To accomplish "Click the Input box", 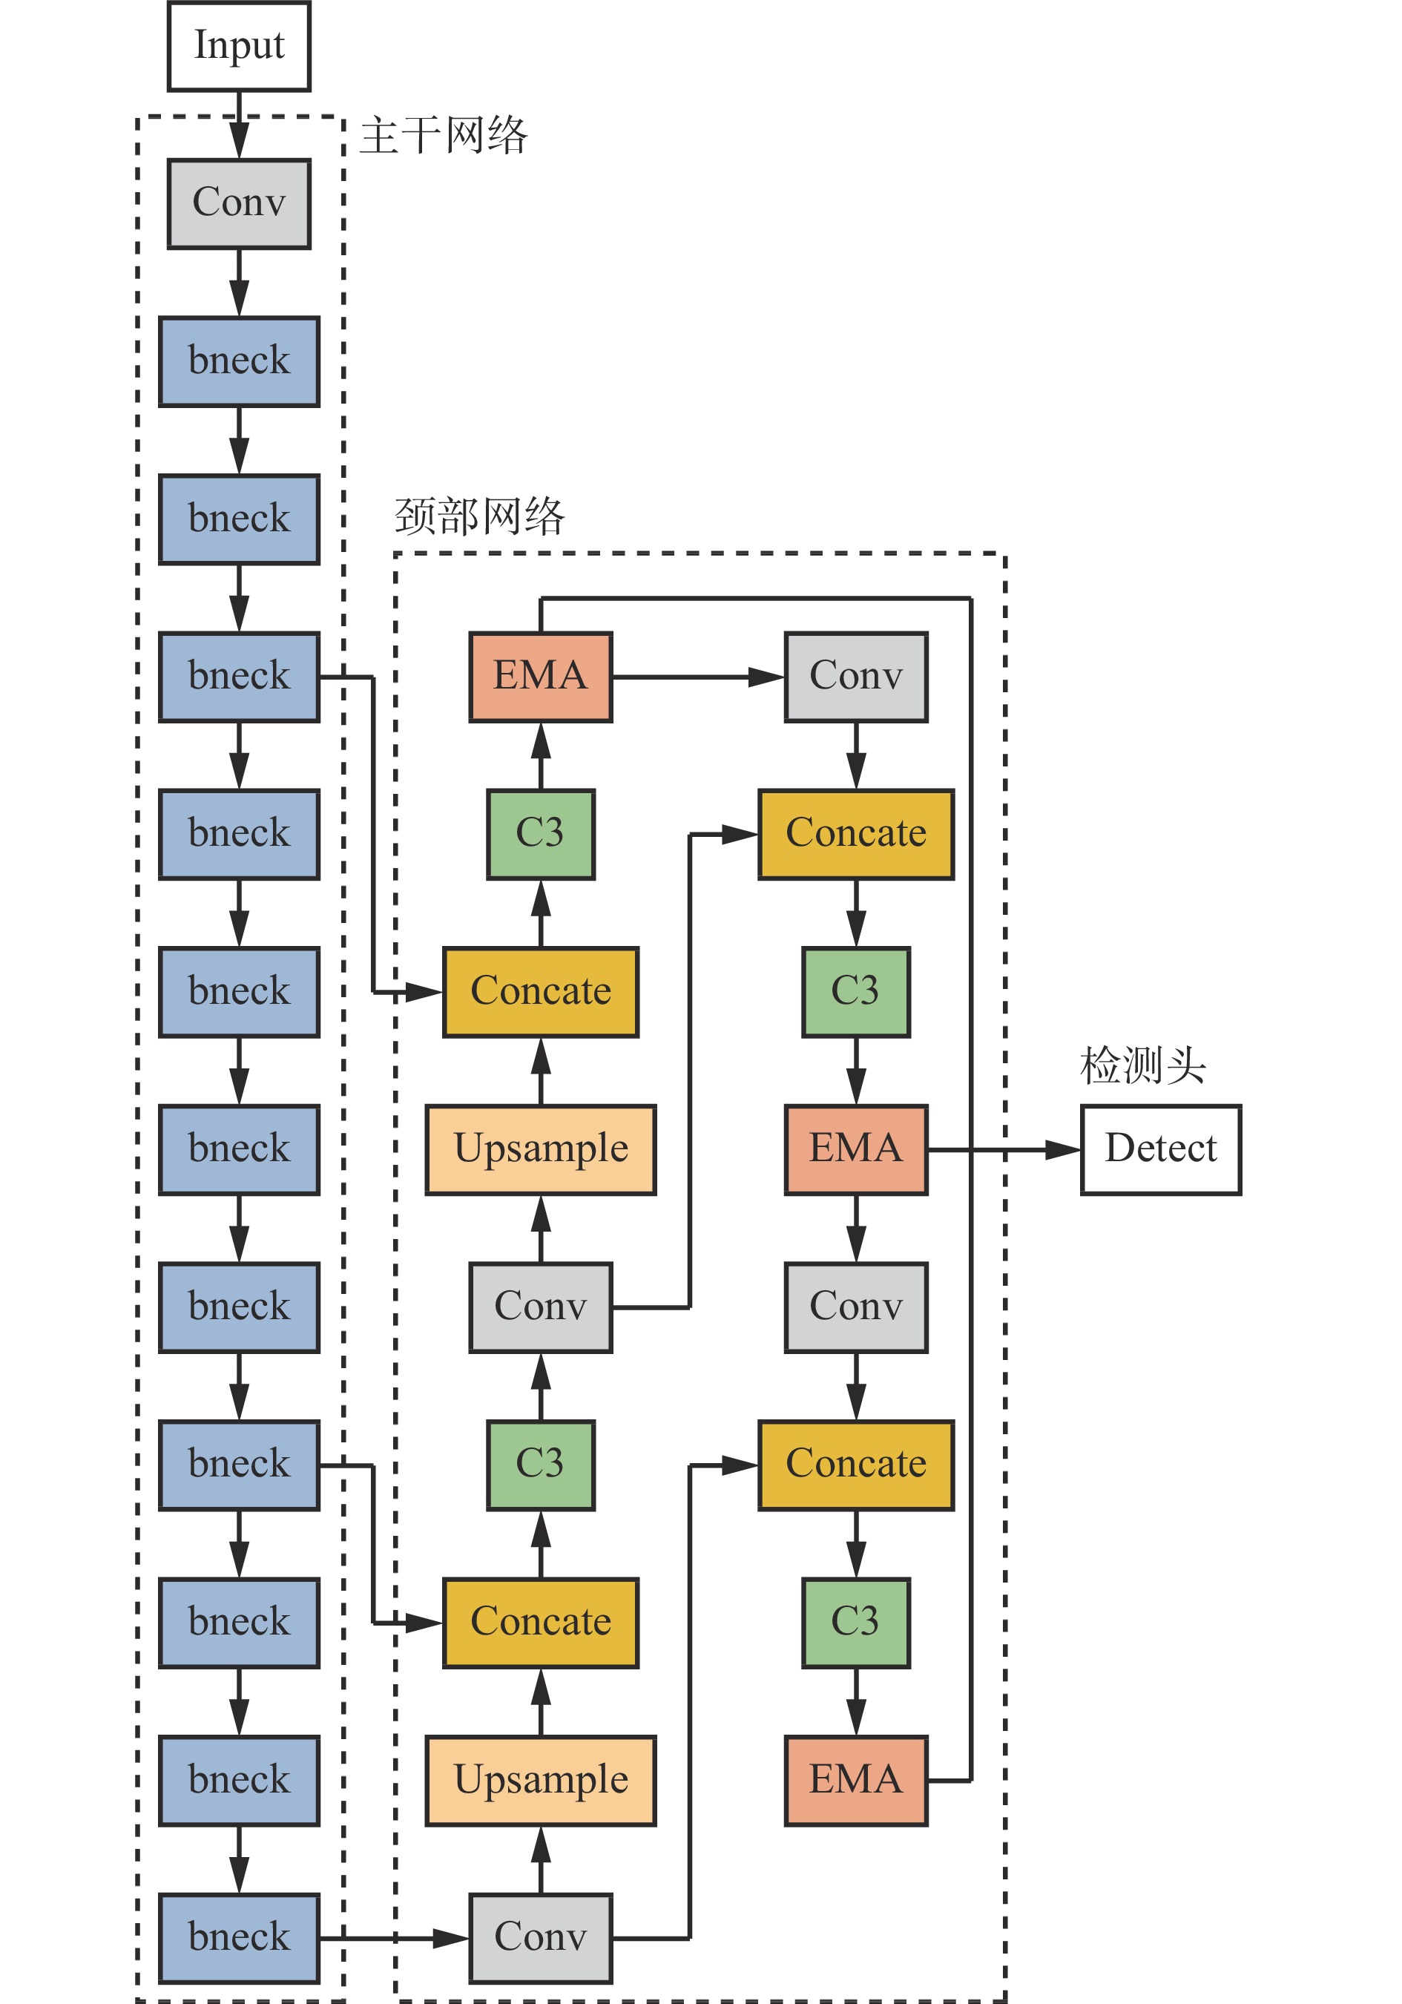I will tap(238, 45).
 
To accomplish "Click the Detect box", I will tap(1159, 1149).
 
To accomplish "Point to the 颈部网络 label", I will tap(480, 516).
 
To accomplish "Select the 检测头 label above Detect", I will tap(1142, 1065).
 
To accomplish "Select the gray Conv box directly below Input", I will tap(238, 203).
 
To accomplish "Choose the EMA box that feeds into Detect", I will tap(855, 1149).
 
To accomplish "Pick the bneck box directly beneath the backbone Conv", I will tap(238, 361).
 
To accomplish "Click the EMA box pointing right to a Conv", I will tap(540, 677).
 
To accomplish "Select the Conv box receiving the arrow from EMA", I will tap(855, 677).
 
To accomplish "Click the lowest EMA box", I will tap(855, 1780).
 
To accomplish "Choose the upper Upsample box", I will tap(540, 1149).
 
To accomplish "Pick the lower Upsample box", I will tap(540, 1780).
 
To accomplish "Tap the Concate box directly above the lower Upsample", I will tap(540, 1623).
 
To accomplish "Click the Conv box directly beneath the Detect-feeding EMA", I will tap(855, 1307).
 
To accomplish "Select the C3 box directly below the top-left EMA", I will tap(540, 833).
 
